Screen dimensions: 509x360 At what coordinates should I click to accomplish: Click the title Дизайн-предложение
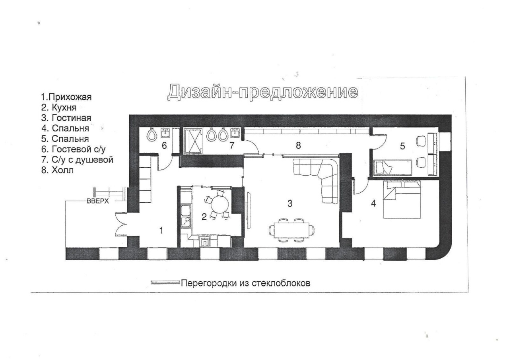(x=263, y=92)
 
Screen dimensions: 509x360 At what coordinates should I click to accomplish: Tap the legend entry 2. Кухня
(x=59, y=107)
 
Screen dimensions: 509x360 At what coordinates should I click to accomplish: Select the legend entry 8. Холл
(x=58, y=170)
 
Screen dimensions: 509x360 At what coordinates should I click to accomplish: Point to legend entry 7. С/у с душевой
(x=77, y=160)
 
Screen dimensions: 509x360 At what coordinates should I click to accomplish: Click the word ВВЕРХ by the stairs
(x=98, y=201)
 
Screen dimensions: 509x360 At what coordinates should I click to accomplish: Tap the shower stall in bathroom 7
(x=193, y=141)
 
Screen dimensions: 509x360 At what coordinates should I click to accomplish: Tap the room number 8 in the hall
(x=298, y=145)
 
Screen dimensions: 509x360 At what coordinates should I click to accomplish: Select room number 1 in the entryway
(x=161, y=230)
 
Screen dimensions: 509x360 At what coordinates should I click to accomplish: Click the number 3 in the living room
(x=289, y=203)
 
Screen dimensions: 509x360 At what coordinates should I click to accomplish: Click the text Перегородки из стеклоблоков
(x=246, y=283)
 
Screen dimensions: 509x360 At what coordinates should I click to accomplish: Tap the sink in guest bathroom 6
(x=165, y=133)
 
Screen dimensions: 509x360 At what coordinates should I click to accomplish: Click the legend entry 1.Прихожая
(x=66, y=97)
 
